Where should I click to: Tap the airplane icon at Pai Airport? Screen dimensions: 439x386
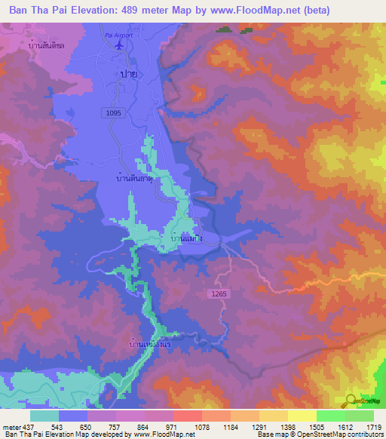(x=119, y=45)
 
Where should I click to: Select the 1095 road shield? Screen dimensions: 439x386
(x=114, y=112)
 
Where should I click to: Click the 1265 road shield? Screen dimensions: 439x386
(x=217, y=292)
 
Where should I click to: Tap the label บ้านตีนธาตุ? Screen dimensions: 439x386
(x=135, y=180)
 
